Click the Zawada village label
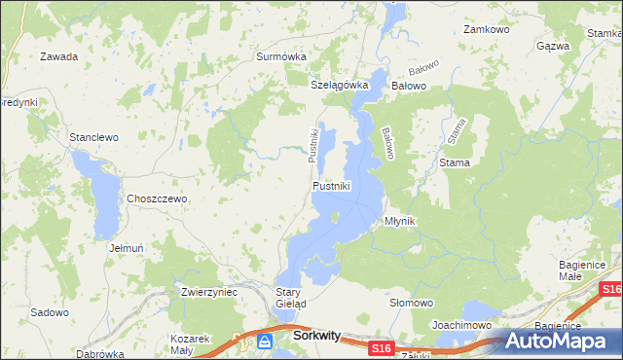58,56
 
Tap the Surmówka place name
281,56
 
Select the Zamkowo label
487,30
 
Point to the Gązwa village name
553,46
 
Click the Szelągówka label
340,85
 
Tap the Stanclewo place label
93,137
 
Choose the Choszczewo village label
157,198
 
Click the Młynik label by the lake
400,221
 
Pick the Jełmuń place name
127,248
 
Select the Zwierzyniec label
209,291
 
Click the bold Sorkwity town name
316,336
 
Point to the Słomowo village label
411,303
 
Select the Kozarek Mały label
191,342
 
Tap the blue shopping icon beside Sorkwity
265,341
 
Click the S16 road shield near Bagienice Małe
610,290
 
